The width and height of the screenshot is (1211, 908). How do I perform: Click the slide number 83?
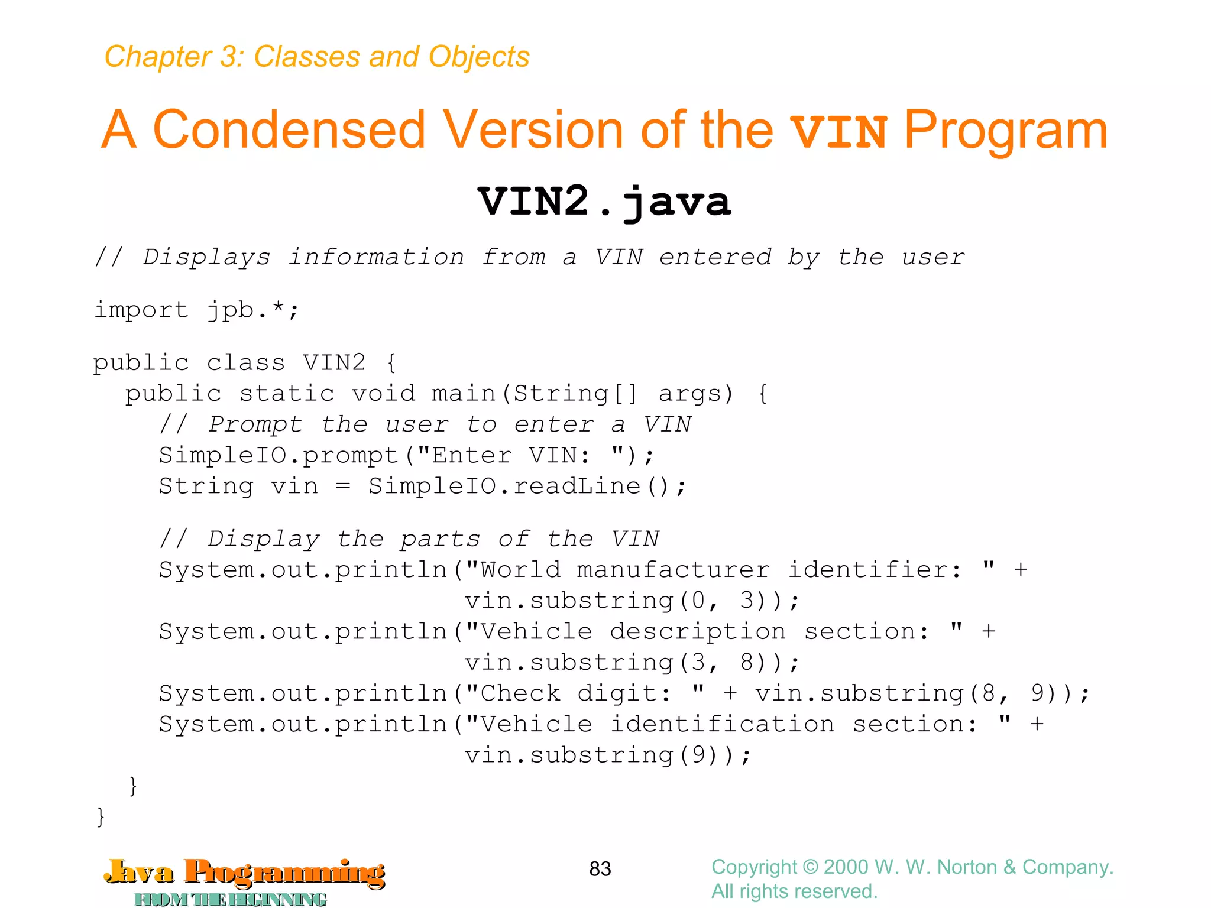pos(600,868)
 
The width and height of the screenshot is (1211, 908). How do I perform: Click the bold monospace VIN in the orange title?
pos(838,131)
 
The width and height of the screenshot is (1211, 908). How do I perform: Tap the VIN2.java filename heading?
pos(604,202)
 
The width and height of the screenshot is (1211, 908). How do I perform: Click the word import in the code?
pos(141,310)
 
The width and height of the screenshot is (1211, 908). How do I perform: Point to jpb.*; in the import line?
pos(253,310)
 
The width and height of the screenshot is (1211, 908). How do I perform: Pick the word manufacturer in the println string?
pos(673,570)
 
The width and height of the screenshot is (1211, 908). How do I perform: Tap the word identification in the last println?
pos(722,724)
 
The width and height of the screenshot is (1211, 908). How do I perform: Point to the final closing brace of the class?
pos(101,817)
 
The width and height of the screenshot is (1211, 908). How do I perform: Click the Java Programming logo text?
pos(244,873)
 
